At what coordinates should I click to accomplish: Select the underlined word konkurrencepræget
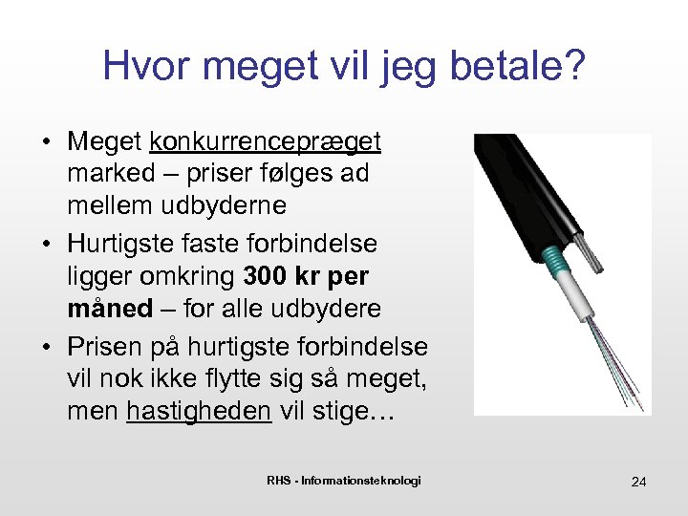266,143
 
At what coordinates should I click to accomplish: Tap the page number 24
639,482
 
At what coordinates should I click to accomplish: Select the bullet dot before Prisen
45,346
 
